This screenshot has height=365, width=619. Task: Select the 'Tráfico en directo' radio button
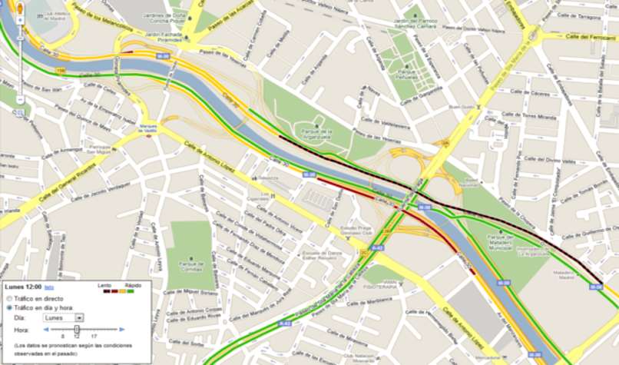[x=9, y=297]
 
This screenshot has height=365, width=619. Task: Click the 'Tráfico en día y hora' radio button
[x=9, y=307]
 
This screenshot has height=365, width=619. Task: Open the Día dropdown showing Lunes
[x=64, y=317]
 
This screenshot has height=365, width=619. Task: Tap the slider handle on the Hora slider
[x=76, y=329]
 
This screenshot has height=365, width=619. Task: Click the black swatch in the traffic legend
[x=104, y=290]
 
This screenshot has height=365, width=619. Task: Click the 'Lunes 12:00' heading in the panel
[x=22, y=286]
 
